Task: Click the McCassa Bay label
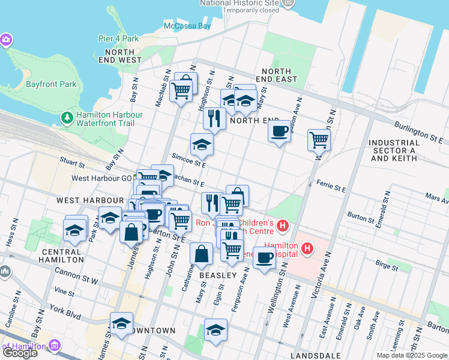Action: [x=187, y=26]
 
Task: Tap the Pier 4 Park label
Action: [x=119, y=39]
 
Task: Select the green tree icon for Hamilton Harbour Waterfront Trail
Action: [x=68, y=115]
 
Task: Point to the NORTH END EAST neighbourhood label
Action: [x=276, y=75]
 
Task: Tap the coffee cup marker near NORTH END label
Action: [x=279, y=131]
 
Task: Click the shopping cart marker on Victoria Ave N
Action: [x=319, y=140]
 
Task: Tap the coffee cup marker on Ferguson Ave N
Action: [x=264, y=258]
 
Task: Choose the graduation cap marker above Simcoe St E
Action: [x=202, y=144]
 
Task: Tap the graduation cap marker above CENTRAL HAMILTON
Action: [x=75, y=230]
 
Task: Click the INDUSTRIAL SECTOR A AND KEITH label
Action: [x=393, y=151]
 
